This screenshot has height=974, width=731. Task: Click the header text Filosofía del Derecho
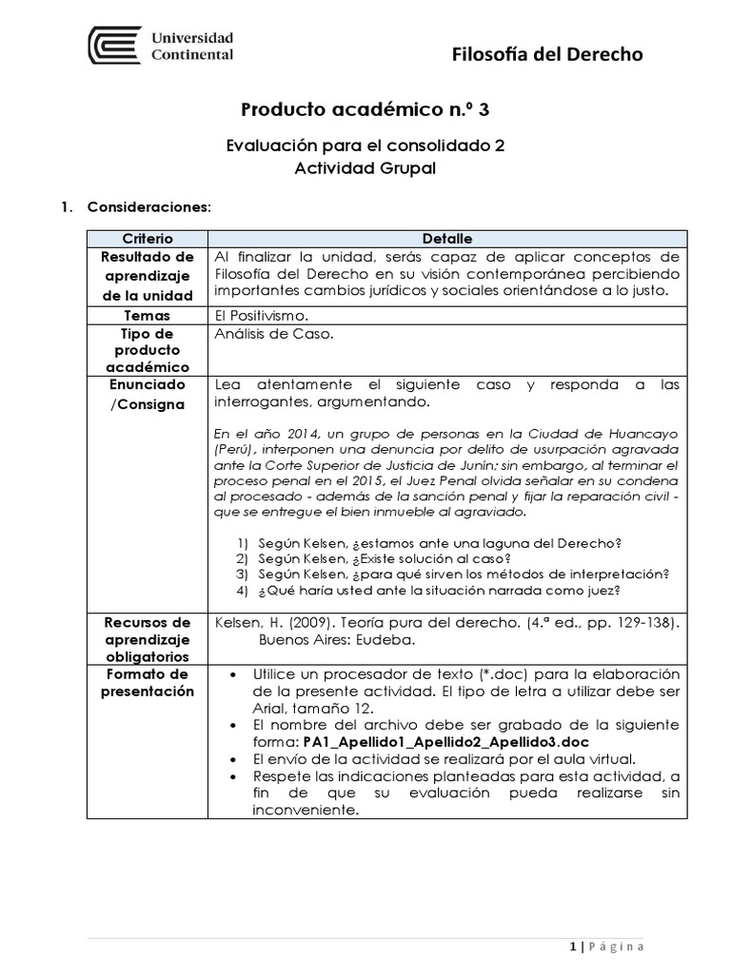(x=547, y=54)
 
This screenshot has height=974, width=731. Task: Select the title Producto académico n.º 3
(x=366, y=110)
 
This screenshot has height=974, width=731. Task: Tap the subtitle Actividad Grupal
(x=365, y=168)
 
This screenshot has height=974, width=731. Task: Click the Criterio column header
(x=148, y=239)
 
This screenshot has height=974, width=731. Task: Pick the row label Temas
(x=148, y=315)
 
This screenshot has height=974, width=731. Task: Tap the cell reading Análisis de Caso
(x=274, y=334)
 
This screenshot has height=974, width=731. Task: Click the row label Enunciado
(x=148, y=385)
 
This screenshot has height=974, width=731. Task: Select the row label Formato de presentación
(x=148, y=683)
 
